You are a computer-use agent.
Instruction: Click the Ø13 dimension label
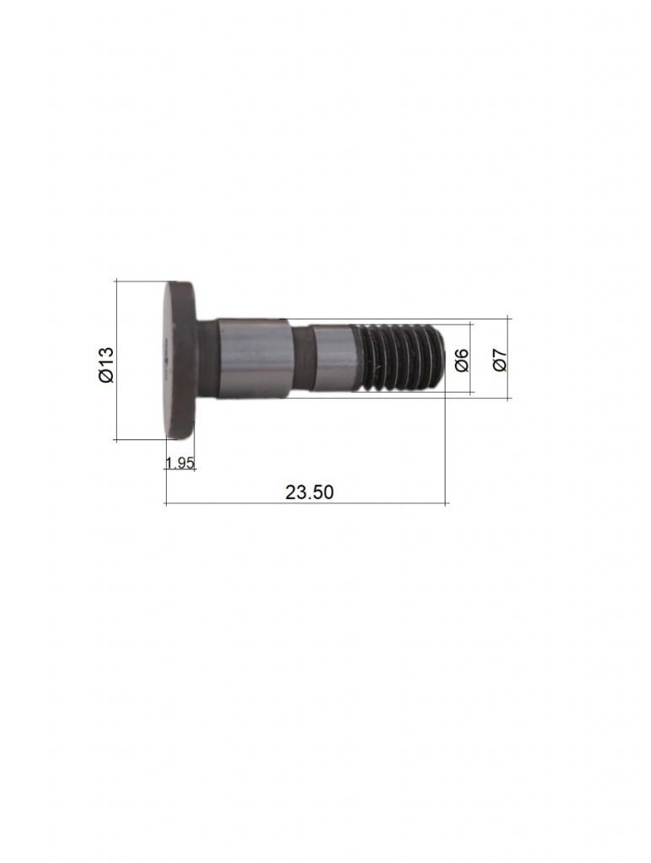point(106,364)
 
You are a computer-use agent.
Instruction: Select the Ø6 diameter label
point(462,360)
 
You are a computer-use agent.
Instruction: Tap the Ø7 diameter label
point(499,360)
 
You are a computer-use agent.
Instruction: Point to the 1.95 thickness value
point(179,463)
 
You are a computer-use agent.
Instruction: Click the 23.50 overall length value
point(309,492)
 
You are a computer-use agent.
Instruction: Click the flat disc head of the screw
point(180,360)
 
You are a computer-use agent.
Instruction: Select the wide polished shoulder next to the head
point(252,358)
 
